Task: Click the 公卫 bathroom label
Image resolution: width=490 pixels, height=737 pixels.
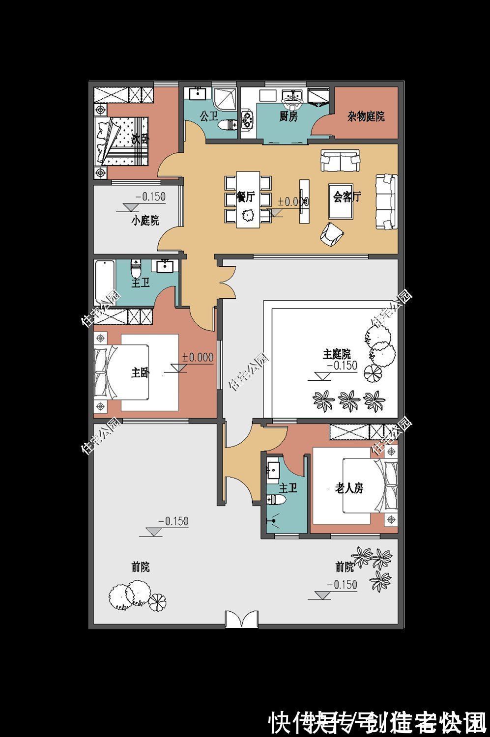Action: pos(209,116)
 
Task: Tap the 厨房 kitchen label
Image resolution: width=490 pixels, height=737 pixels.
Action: pos(288,116)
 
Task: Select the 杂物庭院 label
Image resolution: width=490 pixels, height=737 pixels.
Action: pos(366,116)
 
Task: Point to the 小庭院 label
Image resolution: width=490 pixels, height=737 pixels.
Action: pos(145,221)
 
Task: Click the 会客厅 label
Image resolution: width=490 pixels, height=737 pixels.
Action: pos(346,197)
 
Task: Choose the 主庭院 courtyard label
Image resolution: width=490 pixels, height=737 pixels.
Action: pos(337,354)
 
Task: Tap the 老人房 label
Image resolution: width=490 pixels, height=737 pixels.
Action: pos(349,488)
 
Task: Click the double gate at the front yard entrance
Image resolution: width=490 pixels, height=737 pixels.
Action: pos(241,619)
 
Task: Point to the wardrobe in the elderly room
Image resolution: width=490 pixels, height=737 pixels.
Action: pos(363,433)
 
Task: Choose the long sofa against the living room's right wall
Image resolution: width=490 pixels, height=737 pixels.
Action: pos(386,201)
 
